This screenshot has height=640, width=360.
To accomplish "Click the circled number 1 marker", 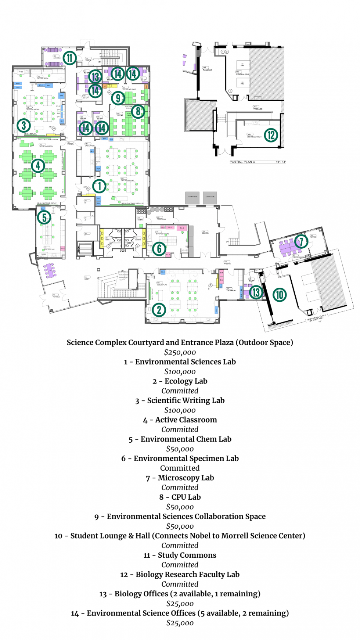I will [x=99, y=186].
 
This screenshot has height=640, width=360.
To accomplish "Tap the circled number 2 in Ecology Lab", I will [x=159, y=310].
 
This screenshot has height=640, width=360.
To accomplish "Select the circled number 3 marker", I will [x=24, y=126].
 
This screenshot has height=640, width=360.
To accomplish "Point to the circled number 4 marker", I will [x=38, y=166].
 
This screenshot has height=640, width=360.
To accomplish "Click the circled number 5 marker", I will [x=44, y=217].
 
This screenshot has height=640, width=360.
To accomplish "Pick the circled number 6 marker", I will [x=159, y=249].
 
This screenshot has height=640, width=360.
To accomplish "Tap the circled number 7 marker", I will [x=301, y=241].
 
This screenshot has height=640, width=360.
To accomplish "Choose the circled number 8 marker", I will [x=138, y=111].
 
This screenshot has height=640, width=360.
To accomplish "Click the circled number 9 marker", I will [x=118, y=98].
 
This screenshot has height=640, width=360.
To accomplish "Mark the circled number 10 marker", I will [x=280, y=295].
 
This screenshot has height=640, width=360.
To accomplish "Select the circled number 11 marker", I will [x=69, y=58].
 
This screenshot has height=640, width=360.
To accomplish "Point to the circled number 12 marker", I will [x=271, y=135].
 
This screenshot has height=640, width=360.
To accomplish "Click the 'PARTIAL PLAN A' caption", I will [x=242, y=162].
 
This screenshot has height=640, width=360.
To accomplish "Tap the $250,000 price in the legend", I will [x=180, y=352].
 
